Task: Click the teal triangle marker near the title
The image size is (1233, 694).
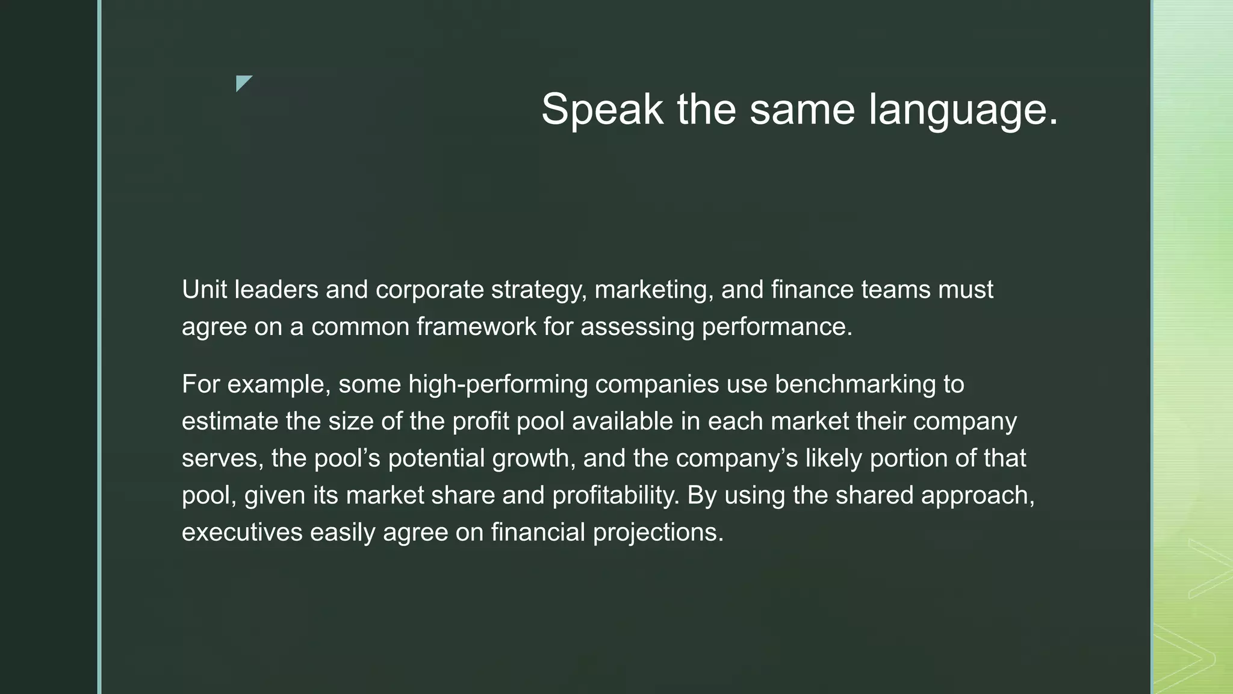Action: pyautogui.click(x=243, y=83)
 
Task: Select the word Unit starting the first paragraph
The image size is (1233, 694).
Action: pyautogui.click(x=204, y=290)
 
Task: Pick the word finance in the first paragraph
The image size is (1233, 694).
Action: pyautogui.click(x=812, y=290)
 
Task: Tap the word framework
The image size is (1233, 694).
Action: pyautogui.click(x=476, y=327)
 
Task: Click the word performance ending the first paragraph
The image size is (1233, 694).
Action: pyautogui.click(x=777, y=327)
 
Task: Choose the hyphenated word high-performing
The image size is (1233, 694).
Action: pyautogui.click(x=497, y=384)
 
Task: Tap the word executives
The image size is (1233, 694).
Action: pyautogui.click(x=242, y=533)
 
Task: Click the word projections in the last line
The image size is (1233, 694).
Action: pyautogui.click(x=657, y=533)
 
